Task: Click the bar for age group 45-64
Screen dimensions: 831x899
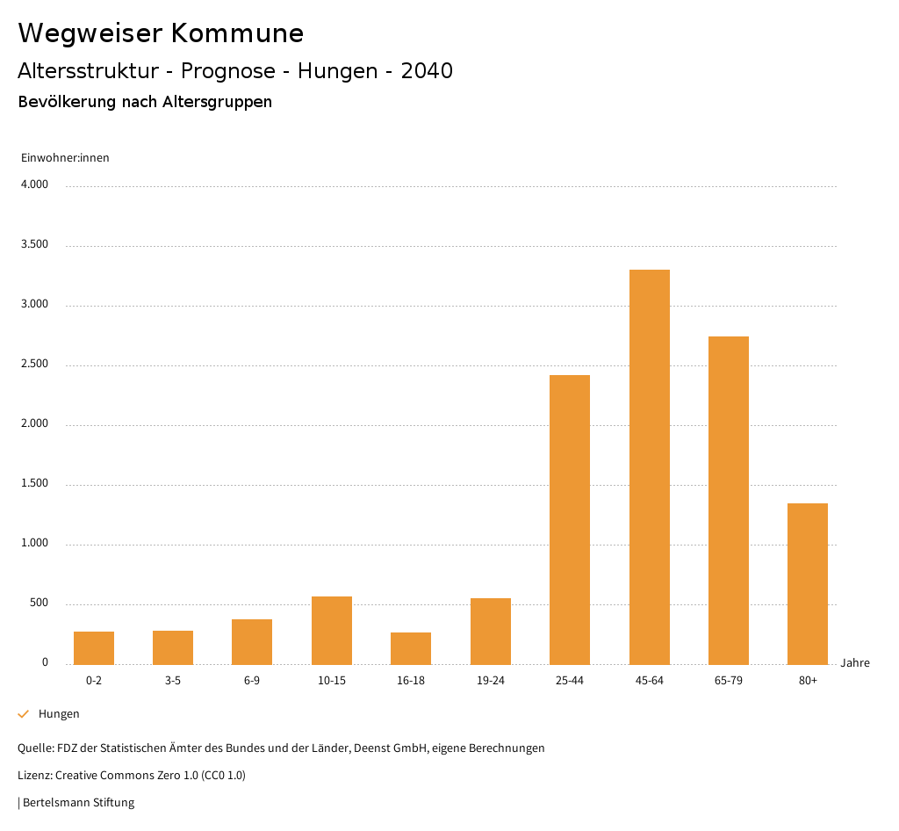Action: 649,466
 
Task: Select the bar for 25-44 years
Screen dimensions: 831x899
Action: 570,519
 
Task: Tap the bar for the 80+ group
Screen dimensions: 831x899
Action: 808,583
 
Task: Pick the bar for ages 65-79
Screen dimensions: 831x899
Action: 729,500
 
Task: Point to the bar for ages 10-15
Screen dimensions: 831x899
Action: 332,630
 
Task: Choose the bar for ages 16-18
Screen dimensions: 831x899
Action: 411,648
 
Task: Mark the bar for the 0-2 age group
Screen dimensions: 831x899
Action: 94,647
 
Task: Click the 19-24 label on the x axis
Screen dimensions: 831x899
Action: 490,681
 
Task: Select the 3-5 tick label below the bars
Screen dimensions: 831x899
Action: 173,681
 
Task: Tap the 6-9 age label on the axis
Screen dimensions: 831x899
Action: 252,681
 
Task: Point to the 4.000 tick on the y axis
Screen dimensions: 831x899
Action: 34,185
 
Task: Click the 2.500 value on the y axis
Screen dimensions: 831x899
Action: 34,365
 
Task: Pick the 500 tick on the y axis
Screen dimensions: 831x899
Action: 39,603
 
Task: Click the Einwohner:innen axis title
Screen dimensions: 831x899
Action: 65,158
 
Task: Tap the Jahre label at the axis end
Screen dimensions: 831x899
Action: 854,663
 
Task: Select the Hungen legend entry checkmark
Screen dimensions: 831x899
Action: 24,714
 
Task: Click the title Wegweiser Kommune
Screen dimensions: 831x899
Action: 161,33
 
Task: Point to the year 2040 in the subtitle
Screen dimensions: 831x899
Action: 427,71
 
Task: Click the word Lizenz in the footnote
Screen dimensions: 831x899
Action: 33,776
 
